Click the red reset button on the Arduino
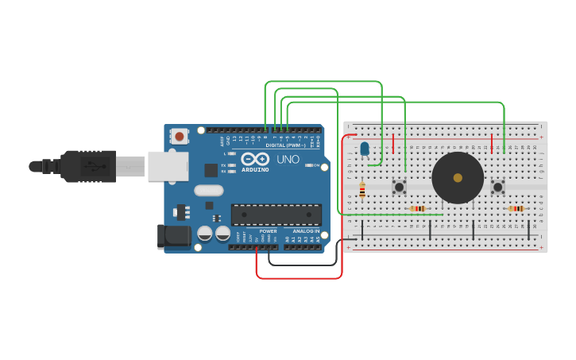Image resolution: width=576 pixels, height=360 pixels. pyautogui.click(x=180, y=136)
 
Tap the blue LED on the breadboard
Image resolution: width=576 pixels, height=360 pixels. pyautogui.click(x=365, y=149)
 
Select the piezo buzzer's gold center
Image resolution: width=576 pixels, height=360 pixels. pyautogui.click(x=458, y=178)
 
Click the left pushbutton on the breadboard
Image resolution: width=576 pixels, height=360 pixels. pyautogui.click(x=400, y=187)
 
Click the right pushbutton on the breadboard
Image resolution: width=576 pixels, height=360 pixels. pyautogui.click(x=498, y=187)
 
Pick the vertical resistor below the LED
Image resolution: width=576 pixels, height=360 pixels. pyautogui.click(x=362, y=191)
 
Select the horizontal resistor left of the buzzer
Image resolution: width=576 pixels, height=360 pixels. pyautogui.click(x=418, y=209)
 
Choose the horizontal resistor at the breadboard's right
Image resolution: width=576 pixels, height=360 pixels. pyautogui.click(x=516, y=209)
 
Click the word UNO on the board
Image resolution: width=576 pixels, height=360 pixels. pyautogui.click(x=288, y=160)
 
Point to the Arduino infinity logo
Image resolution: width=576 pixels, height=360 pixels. pyautogui.click(x=255, y=159)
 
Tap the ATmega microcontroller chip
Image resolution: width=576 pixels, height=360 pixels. pyautogui.click(x=276, y=215)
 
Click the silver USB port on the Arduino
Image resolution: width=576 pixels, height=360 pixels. pyautogui.click(x=168, y=166)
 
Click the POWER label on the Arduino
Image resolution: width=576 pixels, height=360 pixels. pyautogui.click(x=268, y=231)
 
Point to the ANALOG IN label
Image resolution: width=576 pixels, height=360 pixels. pyautogui.click(x=305, y=231)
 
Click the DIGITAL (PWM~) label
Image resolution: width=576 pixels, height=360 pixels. pyautogui.click(x=285, y=145)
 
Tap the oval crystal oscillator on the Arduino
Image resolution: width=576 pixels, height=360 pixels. pyautogui.click(x=208, y=190)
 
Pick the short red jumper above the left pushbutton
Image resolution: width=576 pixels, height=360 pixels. pyautogui.click(x=393, y=143)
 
